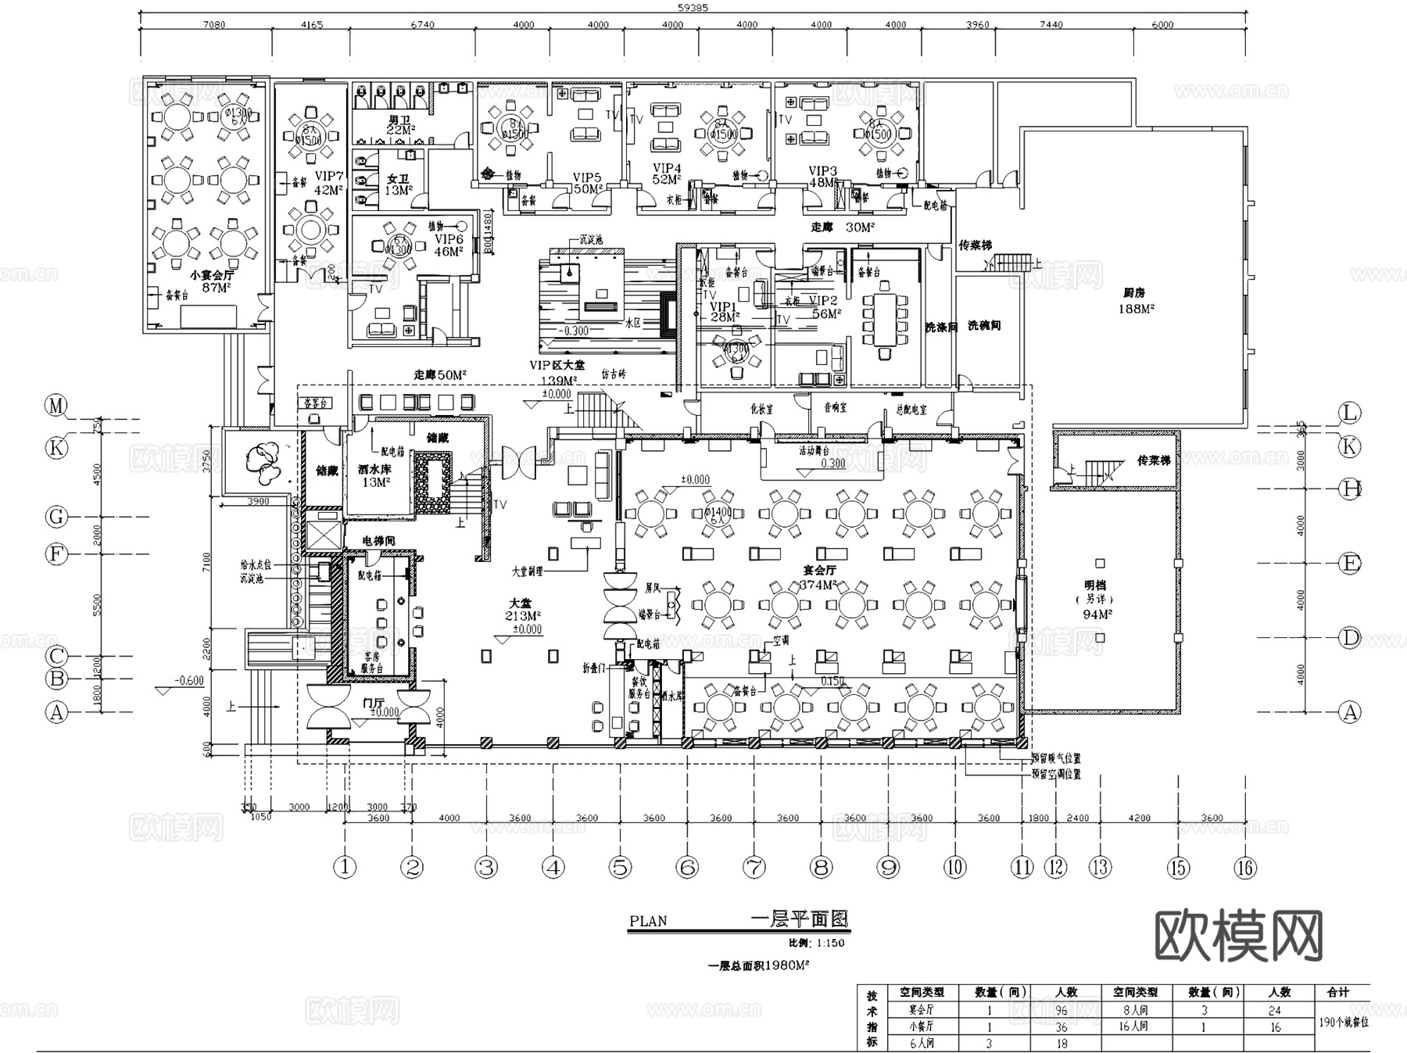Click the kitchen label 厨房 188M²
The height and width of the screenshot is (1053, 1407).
tap(1136, 301)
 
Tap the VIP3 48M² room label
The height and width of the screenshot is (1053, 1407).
tap(823, 177)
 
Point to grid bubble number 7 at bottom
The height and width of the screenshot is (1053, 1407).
tap(754, 866)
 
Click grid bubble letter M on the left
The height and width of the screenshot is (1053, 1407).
tap(56, 406)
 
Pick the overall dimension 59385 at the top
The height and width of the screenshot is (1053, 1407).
tap(693, 7)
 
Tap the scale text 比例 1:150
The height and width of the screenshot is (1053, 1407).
tap(816, 943)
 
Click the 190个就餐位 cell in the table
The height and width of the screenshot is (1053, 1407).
tap(1343, 1022)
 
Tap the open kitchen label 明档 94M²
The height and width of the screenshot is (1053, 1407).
tap(1097, 600)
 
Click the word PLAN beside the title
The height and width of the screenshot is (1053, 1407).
tap(648, 921)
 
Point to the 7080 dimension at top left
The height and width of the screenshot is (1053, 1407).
tap(213, 25)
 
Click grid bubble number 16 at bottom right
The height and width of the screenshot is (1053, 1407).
tap(1244, 867)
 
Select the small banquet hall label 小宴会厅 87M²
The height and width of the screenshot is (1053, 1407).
tap(211, 281)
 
